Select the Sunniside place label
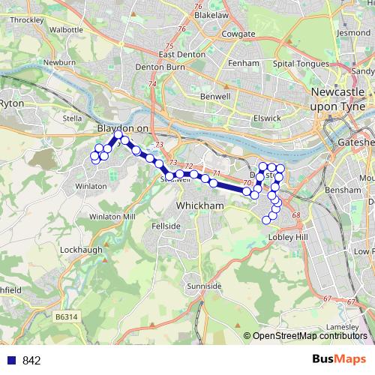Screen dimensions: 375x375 point(203,286)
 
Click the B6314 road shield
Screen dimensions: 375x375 point(67,319)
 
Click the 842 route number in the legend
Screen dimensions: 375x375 point(31,361)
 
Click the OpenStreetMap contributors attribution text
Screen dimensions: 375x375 point(309,336)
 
